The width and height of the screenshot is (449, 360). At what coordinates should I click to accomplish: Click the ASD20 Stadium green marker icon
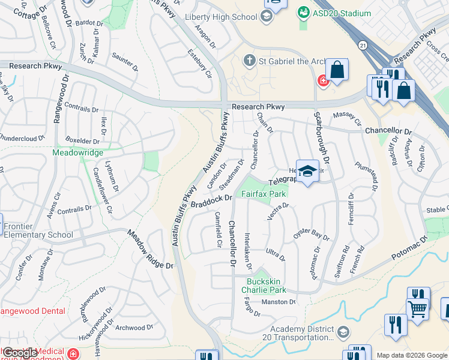click(x=304, y=13)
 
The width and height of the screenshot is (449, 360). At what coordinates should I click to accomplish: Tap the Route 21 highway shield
click(x=363, y=45)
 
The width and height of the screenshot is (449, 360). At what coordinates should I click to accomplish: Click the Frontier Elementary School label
click(x=38, y=231)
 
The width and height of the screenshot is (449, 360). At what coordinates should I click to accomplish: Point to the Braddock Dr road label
click(x=211, y=201)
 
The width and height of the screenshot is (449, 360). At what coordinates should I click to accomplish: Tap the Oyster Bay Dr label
click(x=312, y=234)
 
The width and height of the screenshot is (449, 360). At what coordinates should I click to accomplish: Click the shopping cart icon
click(x=418, y=308)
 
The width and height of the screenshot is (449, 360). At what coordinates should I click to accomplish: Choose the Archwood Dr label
click(x=130, y=328)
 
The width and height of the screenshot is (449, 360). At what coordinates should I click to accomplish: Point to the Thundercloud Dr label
click(x=22, y=137)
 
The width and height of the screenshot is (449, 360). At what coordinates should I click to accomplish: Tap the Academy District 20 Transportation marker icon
click(x=343, y=332)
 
